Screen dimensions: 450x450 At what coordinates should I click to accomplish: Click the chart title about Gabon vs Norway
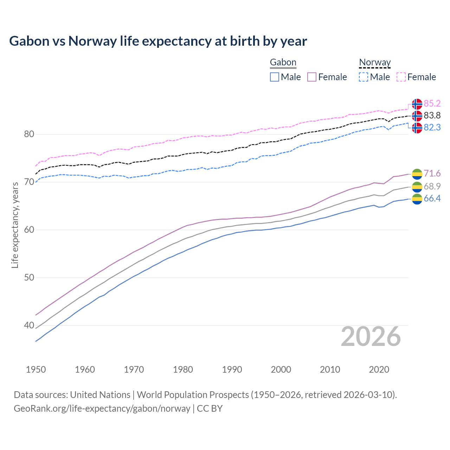click(158, 41)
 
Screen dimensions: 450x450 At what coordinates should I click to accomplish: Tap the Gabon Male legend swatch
click(275, 77)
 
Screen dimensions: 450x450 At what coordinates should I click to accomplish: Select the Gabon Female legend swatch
click(312, 77)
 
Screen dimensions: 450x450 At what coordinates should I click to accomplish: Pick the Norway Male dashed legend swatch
click(364, 77)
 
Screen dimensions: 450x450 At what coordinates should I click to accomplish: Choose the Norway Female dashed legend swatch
click(401, 77)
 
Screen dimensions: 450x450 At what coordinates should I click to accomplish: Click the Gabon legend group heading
click(283, 63)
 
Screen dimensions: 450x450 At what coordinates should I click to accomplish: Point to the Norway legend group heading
click(375, 63)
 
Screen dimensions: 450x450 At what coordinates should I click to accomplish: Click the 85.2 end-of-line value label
click(432, 104)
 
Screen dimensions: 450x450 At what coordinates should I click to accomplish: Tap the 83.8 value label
click(432, 116)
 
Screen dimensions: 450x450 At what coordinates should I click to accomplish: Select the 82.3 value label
click(432, 128)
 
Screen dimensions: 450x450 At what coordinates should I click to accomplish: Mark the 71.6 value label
click(432, 174)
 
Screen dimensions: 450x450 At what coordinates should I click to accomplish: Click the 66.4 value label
click(432, 199)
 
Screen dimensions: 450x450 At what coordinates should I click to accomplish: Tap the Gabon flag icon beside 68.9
click(417, 187)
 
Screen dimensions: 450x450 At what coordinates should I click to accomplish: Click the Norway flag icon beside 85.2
click(417, 104)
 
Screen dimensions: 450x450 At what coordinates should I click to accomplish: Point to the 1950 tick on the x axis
click(36, 369)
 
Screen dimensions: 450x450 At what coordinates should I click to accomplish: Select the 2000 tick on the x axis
click(281, 369)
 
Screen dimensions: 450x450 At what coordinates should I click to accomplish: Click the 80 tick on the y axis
click(29, 134)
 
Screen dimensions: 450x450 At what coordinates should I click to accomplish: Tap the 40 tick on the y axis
click(29, 326)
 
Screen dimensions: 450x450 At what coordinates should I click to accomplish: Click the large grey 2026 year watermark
click(371, 336)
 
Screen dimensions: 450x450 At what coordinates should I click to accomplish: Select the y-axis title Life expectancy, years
click(15, 225)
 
